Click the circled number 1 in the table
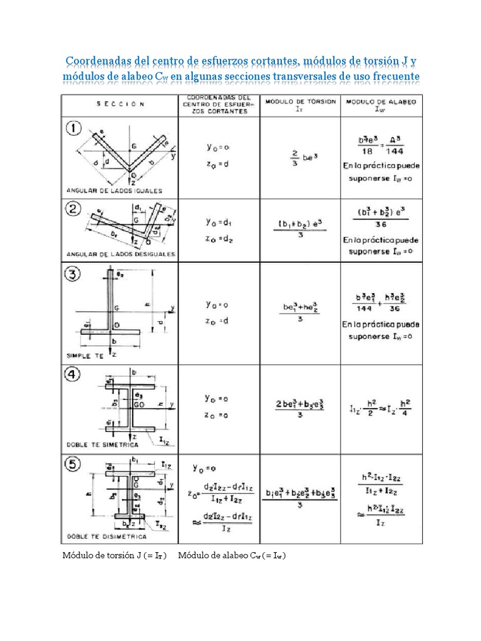75,129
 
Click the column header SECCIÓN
120,104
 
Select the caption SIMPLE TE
88,354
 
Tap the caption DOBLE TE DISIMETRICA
106,537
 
